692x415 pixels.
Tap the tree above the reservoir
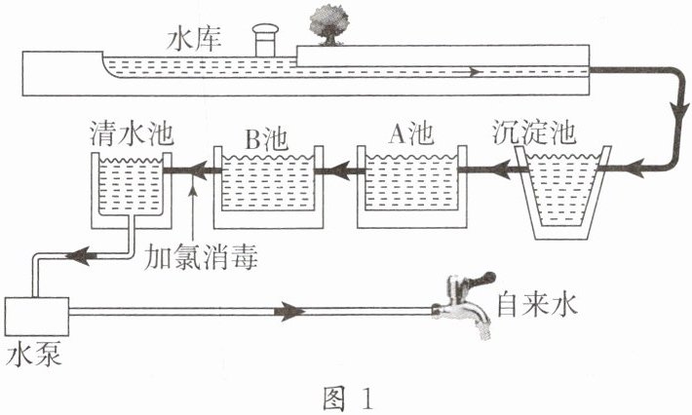(328, 27)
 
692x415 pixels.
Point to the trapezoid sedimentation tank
(561, 193)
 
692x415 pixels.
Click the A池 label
(411, 133)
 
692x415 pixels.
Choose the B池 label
(266, 138)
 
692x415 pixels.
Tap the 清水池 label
(132, 132)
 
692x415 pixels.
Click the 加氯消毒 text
(201, 256)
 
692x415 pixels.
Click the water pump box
(37, 317)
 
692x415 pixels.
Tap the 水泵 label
(33, 354)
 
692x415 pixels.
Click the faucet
(463, 306)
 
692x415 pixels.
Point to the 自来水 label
(537, 305)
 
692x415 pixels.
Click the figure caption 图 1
(348, 397)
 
